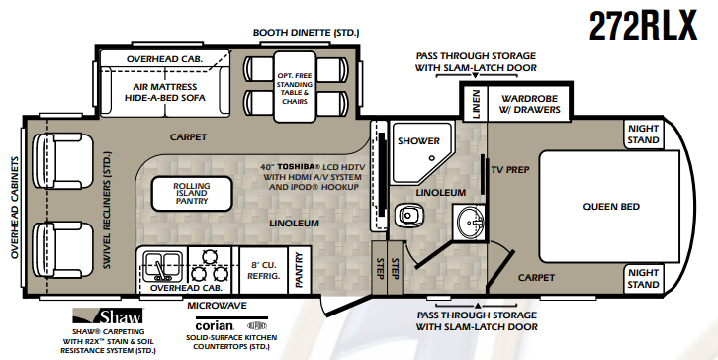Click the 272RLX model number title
coord(644,28)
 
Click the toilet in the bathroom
coord(407,214)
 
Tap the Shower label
coord(416,141)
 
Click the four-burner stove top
coord(211,264)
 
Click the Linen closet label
coord(476,103)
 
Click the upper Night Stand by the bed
coord(644,134)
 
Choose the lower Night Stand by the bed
coord(644,278)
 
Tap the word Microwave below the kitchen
coord(216,306)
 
